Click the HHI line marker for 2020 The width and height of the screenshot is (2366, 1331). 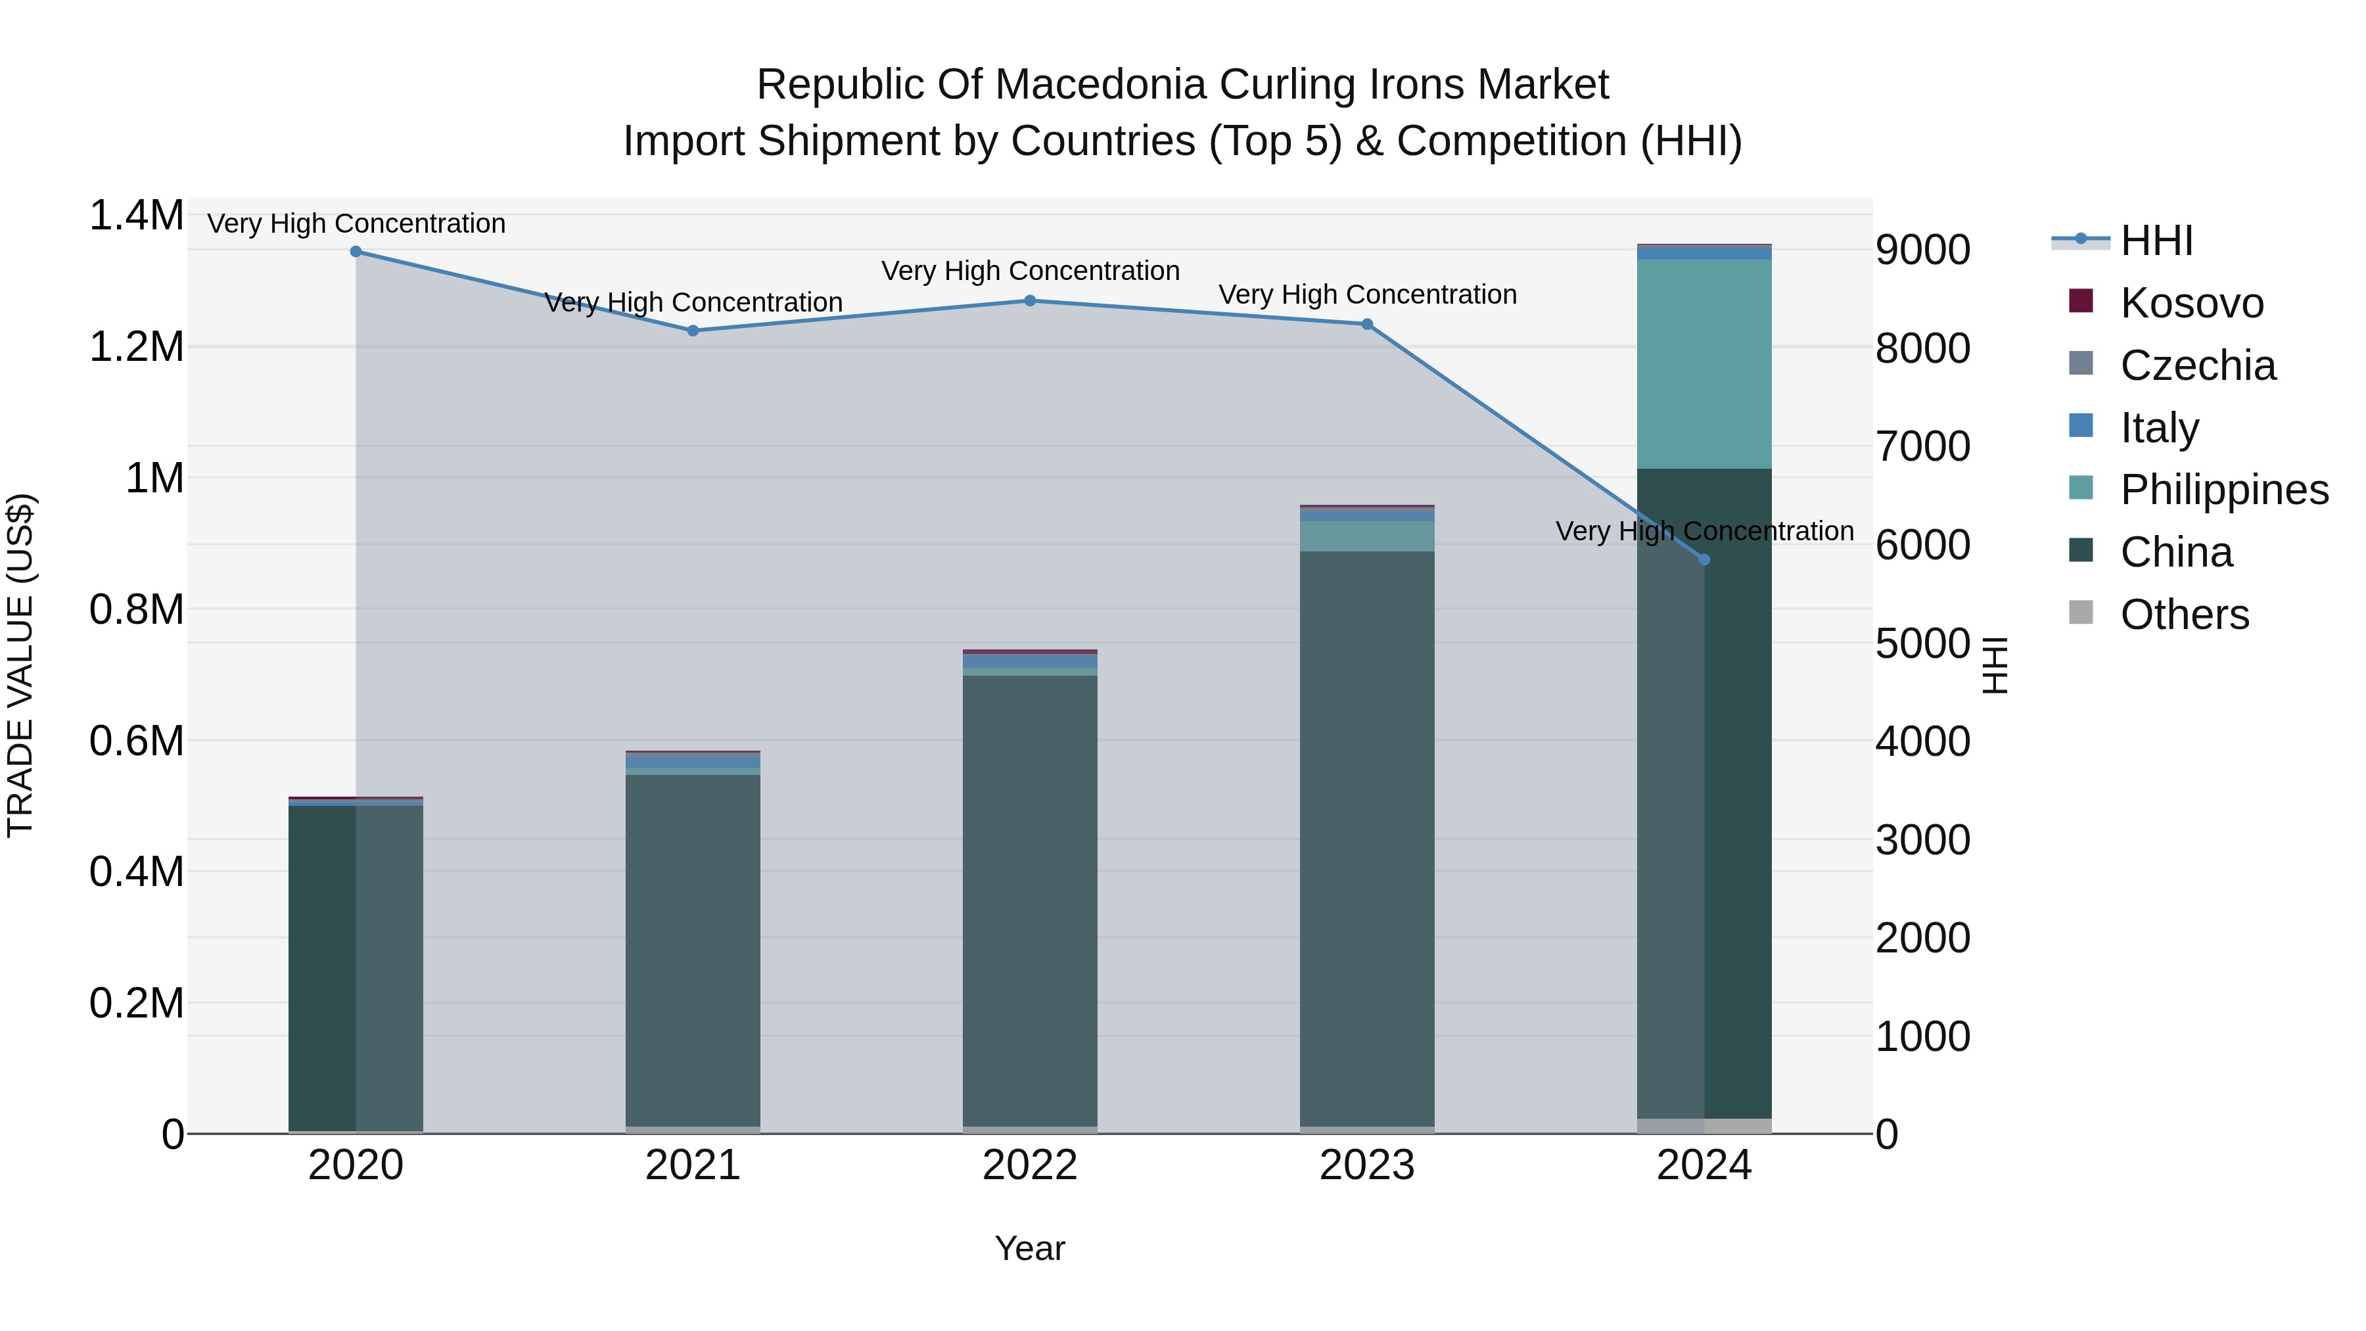pyautogui.click(x=356, y=252)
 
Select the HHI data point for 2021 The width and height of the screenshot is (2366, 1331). pyautogui.click(x=693, y=331)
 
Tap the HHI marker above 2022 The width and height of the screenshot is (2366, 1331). pyautogui.click(x=1030, y=300)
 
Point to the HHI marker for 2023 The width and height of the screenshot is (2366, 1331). pyautogui.click(x=1367, y=324)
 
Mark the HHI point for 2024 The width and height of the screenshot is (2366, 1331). pyautogui.click(x=1704, y=559)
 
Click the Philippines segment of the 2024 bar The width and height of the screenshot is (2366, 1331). pyautogui.click(x=1704, y=363)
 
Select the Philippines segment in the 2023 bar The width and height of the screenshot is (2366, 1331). pyautogui.click(x=1367, y=536)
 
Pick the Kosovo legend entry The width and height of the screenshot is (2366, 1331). pyautogui.click(x=2191, y=303)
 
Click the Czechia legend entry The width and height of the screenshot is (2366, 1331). pyautogui.click(x=2197, y=365)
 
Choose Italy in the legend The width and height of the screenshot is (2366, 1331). pyautogui.click(x=2158, y=428)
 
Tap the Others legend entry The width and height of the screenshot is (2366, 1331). pyautogui.click(x=2184, y=615)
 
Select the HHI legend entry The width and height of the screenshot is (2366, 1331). pyautogui.click(x=2156, y=241)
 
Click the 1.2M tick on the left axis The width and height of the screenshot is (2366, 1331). pyautogui.click(x=136, y=347)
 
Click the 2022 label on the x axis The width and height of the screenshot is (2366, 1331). pyautogui.click(x=1030, y=1165)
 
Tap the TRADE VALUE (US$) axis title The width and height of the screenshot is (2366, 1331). pyautogui.click(x=20, y=665)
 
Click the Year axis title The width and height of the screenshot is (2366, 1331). pyautogui.click(x=1030, y=1248)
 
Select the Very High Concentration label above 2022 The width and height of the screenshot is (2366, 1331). pyautogui.click(x=1030, y=271)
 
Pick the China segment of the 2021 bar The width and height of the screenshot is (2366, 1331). pyautogui.click(x=693, y=946)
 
